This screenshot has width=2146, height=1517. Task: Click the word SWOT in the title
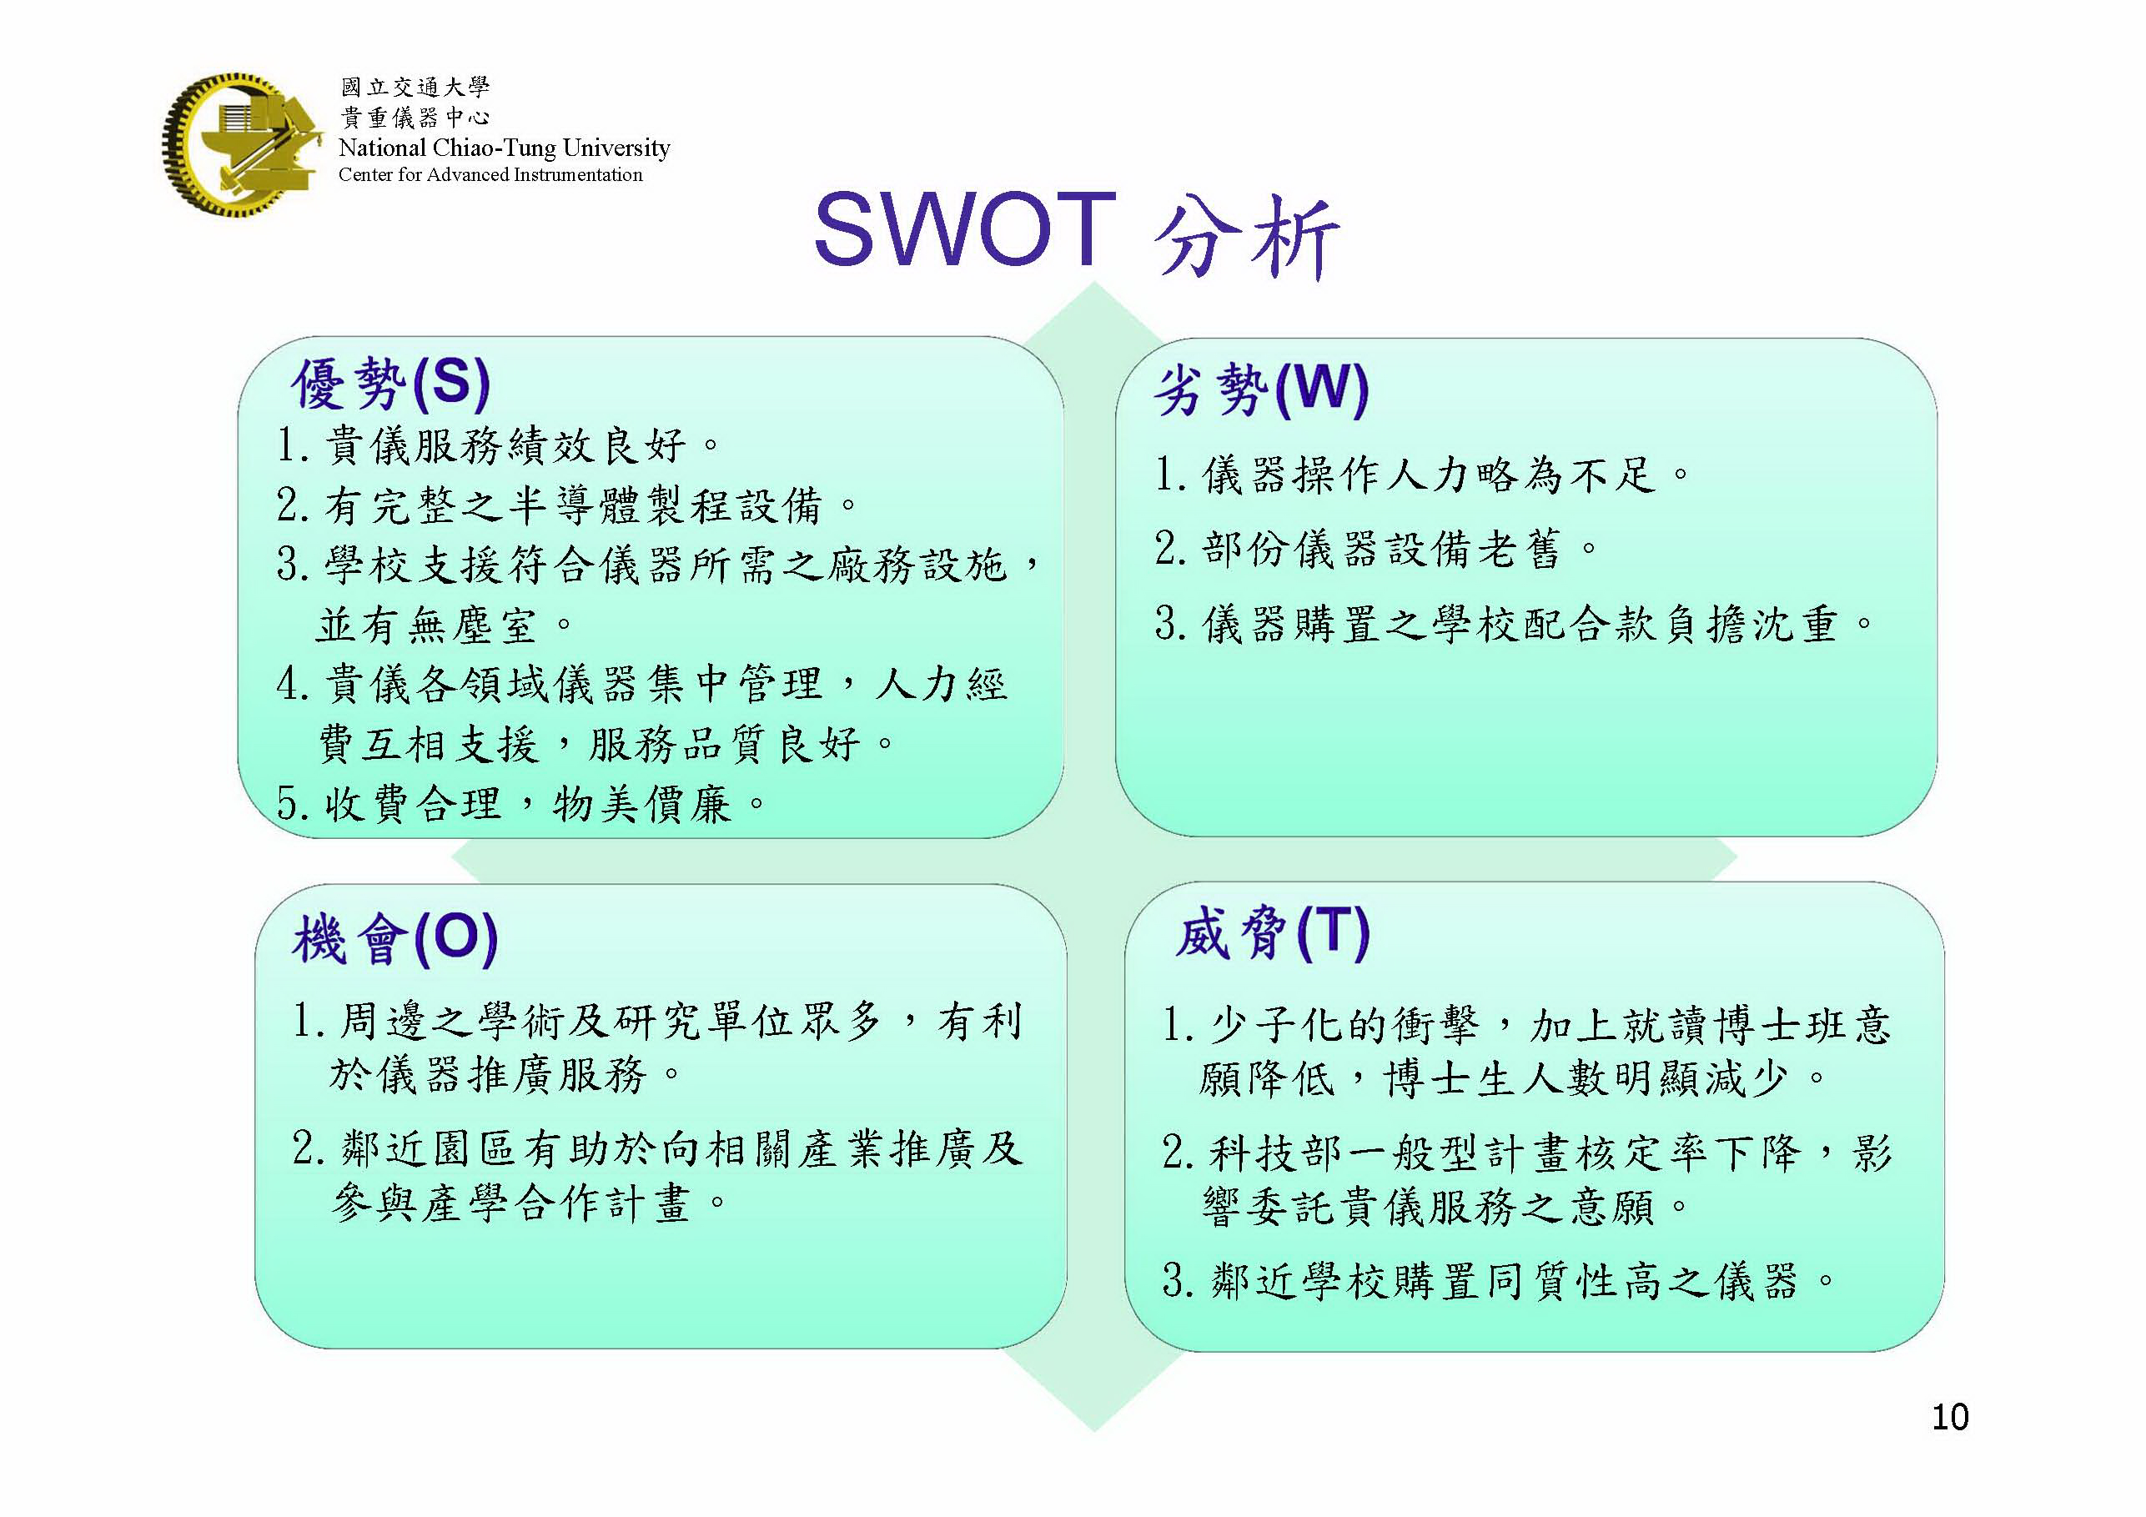(x=965, y=229)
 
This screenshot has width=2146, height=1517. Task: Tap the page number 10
(x=1950, y=1417)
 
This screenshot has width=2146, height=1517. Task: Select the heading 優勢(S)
(x=390, y=384)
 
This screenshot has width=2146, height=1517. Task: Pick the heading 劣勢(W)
(x=1261, y=389)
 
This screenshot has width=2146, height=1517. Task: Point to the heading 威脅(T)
(x=1272, y=933)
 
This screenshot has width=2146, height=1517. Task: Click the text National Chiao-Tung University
(x=505, y=148)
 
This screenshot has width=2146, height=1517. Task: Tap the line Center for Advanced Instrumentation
(x=490, y=175)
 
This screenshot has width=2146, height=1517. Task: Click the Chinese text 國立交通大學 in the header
(x=415, y=88)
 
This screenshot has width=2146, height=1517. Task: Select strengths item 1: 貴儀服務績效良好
(x=499, y=446)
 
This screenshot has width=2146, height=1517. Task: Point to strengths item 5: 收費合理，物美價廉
(x=521, y=804)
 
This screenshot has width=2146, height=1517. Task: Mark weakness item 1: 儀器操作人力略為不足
(x=1423, y=475)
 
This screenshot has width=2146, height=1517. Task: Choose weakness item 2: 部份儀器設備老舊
(x=1377, y=549)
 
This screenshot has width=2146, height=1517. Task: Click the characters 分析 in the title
(x=1247, y=237)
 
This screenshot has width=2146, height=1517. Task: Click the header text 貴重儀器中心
(x=415, y=118)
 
